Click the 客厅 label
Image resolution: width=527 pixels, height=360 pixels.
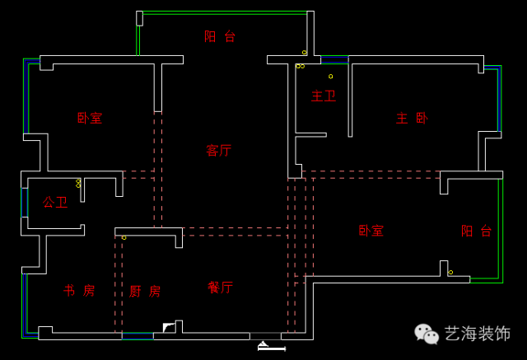click(x=218, y=151)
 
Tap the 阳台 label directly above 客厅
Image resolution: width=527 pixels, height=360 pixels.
click(x=220, y=36)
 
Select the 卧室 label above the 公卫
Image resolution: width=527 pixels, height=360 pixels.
click(x=90, y=119)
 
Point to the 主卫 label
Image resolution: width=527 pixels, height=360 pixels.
click(x=323, y=96)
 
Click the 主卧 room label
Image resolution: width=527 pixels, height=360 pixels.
click(x=412, y=119)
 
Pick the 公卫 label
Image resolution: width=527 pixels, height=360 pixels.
click(x=55, y=202)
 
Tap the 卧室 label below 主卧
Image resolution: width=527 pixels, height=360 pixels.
click(x=371, y=231)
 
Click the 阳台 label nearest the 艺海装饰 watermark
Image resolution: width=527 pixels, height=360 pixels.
click(x=476, y=231)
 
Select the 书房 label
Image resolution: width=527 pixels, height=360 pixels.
click(x=79, y=291)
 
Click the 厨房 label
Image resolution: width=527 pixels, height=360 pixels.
click(x=145, y=292)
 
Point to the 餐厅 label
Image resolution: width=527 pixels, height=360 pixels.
click(x=220, y=287)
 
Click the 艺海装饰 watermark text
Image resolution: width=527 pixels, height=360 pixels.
click(x=478, y=334)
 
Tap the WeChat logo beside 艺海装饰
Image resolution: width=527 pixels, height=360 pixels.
click(x=427, y=333)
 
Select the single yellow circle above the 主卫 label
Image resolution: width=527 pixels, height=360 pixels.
click(x=331, y=77)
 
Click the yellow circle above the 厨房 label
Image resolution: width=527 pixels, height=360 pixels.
click(x=124, y=238)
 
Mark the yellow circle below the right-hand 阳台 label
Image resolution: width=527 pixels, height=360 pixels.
click(x=450, y=273)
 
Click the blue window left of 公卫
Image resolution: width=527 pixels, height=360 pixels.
click(x=24, y=203)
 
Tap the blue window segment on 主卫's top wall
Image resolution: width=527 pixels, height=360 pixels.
click(x=334, y=59)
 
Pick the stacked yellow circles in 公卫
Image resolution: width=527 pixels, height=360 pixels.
click(x=78, y=184)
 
